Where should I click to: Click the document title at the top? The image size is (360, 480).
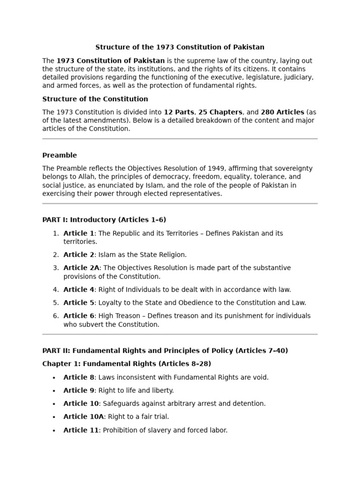tap(180, 47)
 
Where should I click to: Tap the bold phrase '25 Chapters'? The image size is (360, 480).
tap(220, 112)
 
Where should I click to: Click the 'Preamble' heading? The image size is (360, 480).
tap(60, 155)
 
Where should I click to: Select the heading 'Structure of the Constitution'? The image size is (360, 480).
tap(95, 99)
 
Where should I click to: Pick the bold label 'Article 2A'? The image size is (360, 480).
tap(81, 268)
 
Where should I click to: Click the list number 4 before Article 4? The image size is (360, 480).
tap(55, 290)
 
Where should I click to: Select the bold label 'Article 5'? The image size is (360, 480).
tap(79, 303)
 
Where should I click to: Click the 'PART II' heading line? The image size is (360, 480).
tap(165, 351)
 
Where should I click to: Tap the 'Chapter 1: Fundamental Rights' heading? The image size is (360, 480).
tap(127, 364)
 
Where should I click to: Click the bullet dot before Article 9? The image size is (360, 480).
tap(54, 391)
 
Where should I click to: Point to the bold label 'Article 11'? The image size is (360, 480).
tap(81, 430)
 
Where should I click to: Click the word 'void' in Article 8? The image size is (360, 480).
tap(261, 377)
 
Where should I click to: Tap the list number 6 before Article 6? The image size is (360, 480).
tap(55, 316)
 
